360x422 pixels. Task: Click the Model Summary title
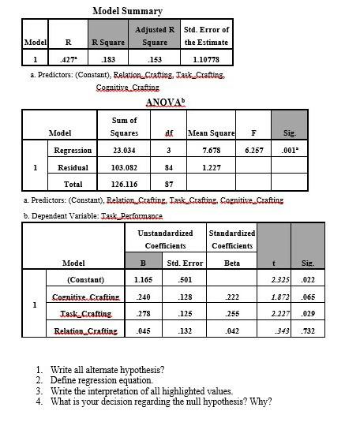tap(127, 11)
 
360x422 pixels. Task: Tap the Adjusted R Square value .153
tap(155, 58)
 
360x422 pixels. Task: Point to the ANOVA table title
tap(166, 103)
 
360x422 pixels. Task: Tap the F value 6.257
tap(254, 150)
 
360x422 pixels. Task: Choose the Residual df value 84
tap(168, 167)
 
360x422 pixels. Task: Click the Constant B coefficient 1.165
tap(142, 280)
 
